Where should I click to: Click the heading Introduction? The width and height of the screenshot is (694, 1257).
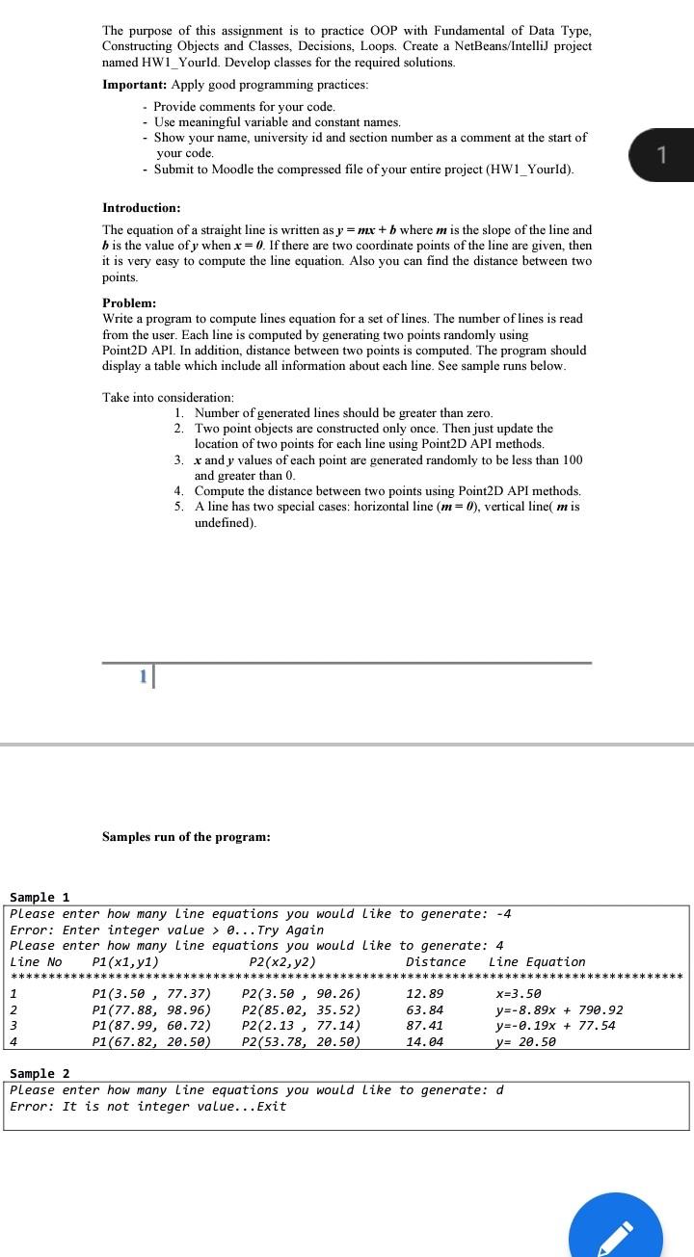click(x=141, y=208)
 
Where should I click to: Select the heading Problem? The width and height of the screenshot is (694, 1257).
click(x=129, y=302)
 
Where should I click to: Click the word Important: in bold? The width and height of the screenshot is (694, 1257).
click(x=135, y=85)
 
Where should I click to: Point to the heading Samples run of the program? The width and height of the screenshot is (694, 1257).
click(x=186, y=837)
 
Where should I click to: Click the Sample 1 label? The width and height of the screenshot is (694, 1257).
click(x=40, y=897)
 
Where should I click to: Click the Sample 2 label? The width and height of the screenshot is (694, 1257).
click(x=40, y=1073)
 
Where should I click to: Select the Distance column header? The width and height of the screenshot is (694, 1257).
click(x=436, y=961)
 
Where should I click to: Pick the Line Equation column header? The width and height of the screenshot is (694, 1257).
click(x=537, y=961)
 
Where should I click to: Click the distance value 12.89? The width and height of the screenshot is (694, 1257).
click(x=425, y=993)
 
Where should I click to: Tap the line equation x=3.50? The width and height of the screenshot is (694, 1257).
click(x=519, y=993)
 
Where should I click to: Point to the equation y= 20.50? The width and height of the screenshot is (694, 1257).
click(x=525, y=1041)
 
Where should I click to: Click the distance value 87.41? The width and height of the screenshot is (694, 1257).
click(x=425, y=1025)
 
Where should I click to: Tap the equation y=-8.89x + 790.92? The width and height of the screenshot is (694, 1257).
click(x=559, y=1009)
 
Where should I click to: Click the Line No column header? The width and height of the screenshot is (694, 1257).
click(x=36, y=961)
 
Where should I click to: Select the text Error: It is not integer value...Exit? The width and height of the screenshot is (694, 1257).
click(x=147, y=1106)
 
